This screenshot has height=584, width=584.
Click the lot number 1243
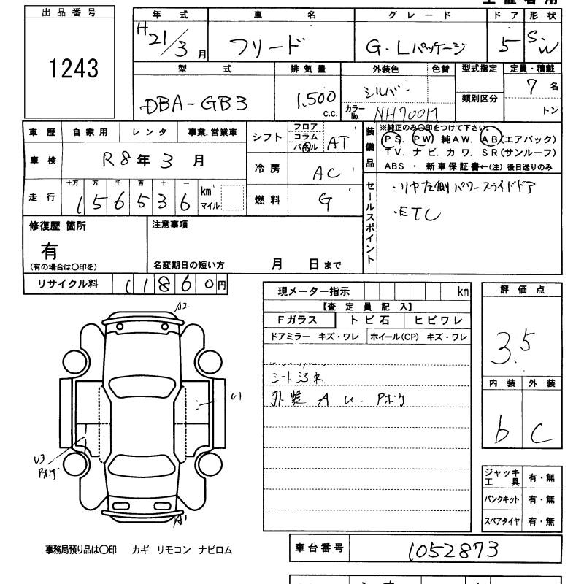(72, 69)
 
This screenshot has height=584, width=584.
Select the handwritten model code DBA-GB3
(193, 104)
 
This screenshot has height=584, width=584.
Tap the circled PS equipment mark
(393, 139)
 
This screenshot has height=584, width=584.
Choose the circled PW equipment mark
(423, 139)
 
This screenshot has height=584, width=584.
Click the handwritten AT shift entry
(337, 143)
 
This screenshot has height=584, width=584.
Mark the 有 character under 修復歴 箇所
(50, 251)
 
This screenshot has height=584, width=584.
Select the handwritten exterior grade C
(541, 434)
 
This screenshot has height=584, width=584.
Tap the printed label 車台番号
(318, 547)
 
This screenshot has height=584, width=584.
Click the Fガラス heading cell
(300, 320)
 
